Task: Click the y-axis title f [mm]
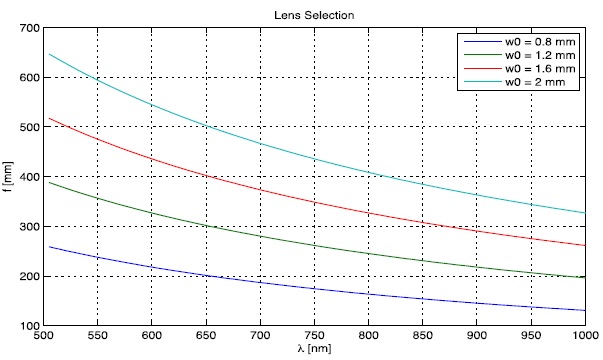tap(8, 176)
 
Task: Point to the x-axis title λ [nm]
tap(312, 351)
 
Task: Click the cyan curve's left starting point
tap(50, 54)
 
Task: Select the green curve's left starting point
tap(50, 182)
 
